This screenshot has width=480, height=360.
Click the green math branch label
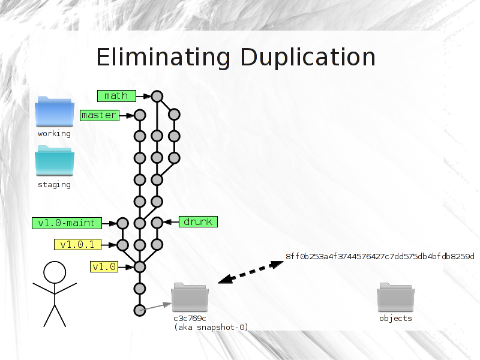point(116,96)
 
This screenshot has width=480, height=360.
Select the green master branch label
point(100,115)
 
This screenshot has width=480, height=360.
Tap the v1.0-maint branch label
point(67,223)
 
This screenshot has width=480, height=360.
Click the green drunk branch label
point(199,221)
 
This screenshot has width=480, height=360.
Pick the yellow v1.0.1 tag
point(78,245)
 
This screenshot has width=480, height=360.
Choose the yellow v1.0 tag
point(104,266)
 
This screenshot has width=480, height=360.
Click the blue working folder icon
point(55,112)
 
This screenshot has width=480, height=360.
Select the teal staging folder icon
point(55,161)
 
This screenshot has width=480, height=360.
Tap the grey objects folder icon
point(395,297)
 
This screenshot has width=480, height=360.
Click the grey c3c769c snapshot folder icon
point(190,297)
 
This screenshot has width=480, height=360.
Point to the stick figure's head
point(55,272)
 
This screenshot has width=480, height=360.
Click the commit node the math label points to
point(157,97)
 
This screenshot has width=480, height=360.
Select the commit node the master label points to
point(140,115)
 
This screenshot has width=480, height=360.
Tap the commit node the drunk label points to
point(157,223)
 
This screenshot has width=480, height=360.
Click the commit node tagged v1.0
point(140,267)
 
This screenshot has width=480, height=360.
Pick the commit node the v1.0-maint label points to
point(123,223)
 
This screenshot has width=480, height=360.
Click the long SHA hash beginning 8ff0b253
point(380,256)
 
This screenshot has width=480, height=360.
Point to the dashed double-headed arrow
point(251,272)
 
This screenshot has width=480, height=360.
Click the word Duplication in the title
point(308,58)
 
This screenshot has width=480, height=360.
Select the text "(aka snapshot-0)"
point(211,327)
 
